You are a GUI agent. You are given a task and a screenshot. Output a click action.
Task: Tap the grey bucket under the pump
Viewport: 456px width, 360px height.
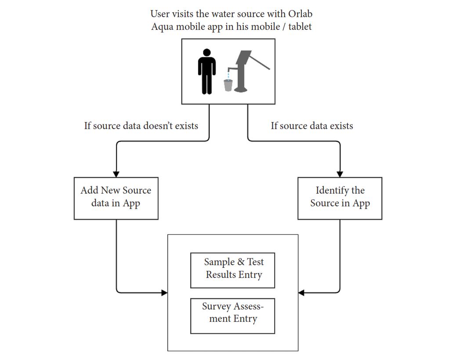click(x=228, y=85)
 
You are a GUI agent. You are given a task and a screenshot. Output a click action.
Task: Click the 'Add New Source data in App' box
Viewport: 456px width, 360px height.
click(x=116, y=198)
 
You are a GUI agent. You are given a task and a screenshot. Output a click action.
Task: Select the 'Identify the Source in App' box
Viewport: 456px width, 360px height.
click(x=340, y=198)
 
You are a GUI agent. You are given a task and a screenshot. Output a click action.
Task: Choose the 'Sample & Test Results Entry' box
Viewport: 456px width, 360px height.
click(x=232, y=270)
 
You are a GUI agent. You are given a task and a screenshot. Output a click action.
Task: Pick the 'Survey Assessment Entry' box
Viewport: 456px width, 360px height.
click(x=232, y=316)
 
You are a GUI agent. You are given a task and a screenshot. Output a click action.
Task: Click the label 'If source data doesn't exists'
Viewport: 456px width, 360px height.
click(x=141, y=126)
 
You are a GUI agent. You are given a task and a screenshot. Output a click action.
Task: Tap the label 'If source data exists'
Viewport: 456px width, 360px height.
click(x=311, y=126)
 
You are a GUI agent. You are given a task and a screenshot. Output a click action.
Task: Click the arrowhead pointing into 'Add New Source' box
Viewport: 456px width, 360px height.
click(x=116, y=174)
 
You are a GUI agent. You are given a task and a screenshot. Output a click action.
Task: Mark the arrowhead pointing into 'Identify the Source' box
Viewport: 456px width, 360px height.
click(x=340, y=174)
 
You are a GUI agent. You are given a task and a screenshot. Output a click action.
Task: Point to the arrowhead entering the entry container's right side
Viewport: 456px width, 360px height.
click(x=301, y=292)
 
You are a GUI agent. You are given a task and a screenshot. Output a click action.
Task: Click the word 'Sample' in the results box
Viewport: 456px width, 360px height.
click(x=219, y=262)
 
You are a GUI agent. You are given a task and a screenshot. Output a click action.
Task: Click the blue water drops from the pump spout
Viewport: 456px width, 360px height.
click(x=228, y=74)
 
